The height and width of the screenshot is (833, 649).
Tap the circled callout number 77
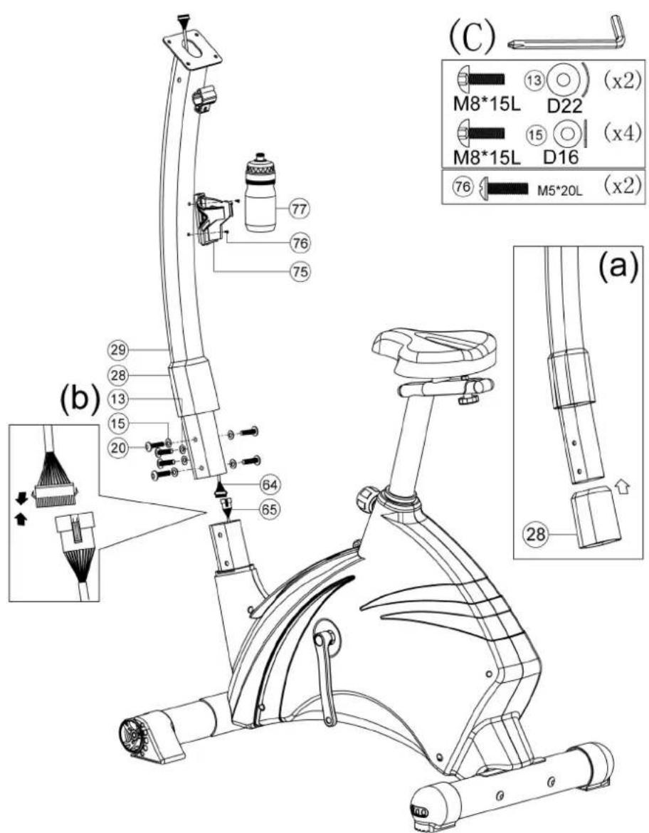(x=300, y=209)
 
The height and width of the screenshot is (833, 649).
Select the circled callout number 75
(x=300, y=271)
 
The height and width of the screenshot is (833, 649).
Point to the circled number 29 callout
(x=118, y=350)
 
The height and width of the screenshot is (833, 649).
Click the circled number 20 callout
(x=118, y=448)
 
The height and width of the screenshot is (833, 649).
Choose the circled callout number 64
(x=269, y=485)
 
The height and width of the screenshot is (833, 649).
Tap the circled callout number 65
(x=269, y=510)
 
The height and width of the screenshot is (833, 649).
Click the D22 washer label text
(x=564, y=106)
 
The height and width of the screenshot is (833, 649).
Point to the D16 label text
(x=562, y=157)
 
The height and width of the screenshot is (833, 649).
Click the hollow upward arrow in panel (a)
(x=624, y=486)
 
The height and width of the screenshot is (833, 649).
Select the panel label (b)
(x=80, y=399)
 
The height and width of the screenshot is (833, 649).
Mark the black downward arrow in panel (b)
(x=21, y=498)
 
